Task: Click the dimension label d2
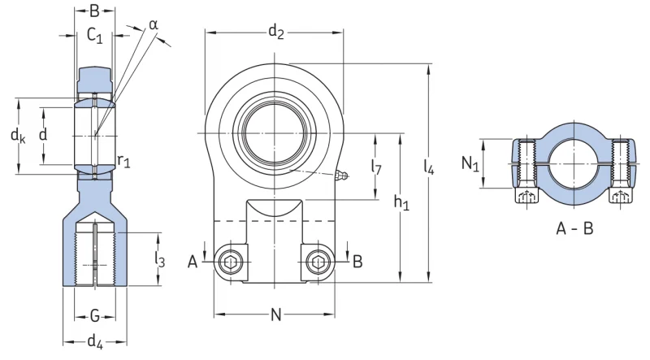click(x=275, y=32)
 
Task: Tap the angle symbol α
click(x=154, y=25)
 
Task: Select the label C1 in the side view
click(x=94, y=36)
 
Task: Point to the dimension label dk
click(x=18, y=136)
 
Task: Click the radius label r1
click(x=123, y=160)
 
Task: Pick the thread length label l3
click(x=159, y=259)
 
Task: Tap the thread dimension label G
click(x=95, y=316)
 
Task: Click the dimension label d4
click(x=95, y=342)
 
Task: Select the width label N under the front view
click(x=275, y=314)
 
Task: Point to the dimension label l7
click(x=376, y=167)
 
